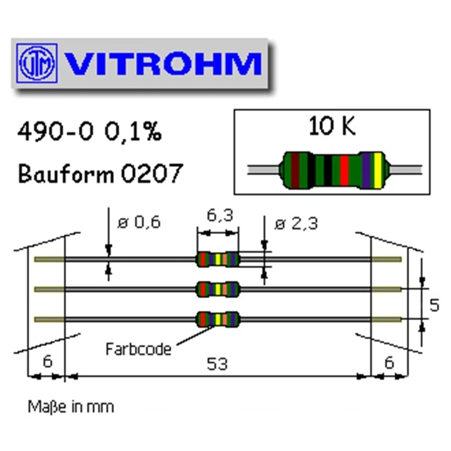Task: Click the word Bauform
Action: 67,173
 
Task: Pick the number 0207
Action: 152,173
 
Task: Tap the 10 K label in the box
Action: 332,127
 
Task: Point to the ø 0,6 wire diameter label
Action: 138,223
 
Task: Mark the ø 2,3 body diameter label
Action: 295,223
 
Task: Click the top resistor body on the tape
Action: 217,259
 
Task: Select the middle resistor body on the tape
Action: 217,289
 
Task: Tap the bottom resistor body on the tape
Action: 217,319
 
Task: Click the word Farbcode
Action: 138,349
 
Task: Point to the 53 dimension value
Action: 217,364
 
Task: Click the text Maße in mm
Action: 71,406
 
